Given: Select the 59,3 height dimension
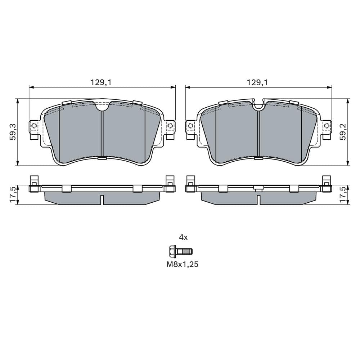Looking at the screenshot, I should pos(13,132).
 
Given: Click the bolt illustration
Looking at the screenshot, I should pos(180,251).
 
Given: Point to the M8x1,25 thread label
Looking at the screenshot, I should pos(183,264).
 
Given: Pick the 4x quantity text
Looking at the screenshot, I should pos(183,237).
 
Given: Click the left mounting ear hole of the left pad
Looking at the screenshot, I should pos(34,126).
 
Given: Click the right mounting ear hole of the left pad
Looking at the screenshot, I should pos(170,126).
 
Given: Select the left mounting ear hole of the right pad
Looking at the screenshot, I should pos(190,126).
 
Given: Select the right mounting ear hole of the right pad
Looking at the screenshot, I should pos(326,126).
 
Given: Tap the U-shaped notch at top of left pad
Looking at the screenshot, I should pos(102,106).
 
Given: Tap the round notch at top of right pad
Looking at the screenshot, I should pos(258,105).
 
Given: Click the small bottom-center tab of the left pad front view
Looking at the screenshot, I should pos(102,158).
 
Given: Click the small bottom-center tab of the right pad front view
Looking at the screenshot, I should pos(258,158).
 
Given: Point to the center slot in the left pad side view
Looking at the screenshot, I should pos(102,199).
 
